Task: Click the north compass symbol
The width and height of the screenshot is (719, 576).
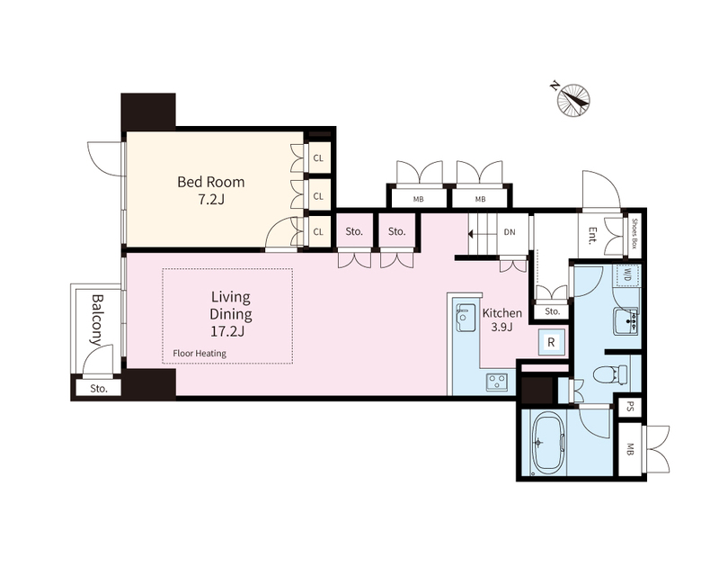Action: [x=573, y=100]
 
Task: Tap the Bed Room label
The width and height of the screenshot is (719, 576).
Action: [x=211, y=182]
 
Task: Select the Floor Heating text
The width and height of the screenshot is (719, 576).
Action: [x=200, y=353]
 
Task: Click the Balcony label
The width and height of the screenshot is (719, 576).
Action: [x=97, y=319]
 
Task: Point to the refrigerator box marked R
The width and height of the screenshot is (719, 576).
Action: [x=552, y=342]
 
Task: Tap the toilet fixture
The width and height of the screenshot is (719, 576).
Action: [x=611, y=373]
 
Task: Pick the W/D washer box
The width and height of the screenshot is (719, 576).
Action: [x=626, y=275]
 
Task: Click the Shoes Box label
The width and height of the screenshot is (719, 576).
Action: [x=635, y=232]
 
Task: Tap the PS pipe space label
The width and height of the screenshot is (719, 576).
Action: [x=630, y=407]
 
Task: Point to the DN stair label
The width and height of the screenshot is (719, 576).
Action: [x=510, y=232]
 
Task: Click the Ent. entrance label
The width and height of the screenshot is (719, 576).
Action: [x=592, y=236]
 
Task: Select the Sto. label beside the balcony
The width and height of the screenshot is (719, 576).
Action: [x=99, y=389]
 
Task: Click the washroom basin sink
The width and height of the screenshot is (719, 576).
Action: [x=626, y=321]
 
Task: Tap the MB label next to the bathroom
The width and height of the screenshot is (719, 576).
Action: [x=630, y=449]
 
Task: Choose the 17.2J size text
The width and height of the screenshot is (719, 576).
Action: [x=227, y=330]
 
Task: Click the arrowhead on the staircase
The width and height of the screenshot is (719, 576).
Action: [x=470, y=234]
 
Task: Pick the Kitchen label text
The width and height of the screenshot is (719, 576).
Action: [x=502, y=313]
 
